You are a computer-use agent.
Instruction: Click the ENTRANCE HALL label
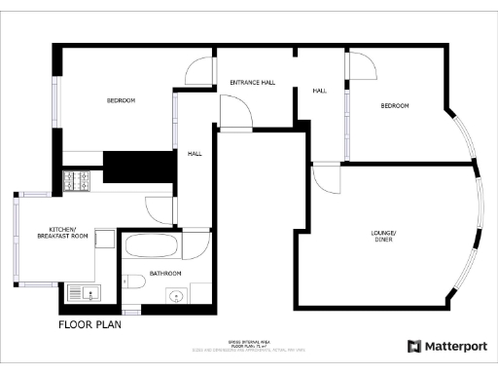(252, 83)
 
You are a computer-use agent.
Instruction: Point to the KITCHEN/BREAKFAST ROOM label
(62, 232)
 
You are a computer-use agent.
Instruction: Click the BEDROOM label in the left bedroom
(121, 100)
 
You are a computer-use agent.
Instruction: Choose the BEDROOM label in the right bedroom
(395, 105)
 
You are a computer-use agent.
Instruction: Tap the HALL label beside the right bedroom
(320, 91)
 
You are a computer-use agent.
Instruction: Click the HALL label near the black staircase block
(195, 153)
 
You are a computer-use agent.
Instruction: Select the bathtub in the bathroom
(151, 243)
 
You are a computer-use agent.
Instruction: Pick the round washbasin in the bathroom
(176, 295)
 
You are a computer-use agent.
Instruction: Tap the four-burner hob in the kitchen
(76, 180)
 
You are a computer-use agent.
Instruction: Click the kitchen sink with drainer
(79, 292)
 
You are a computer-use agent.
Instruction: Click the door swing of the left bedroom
(197, 72)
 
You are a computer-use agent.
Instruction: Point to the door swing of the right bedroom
(361, 65)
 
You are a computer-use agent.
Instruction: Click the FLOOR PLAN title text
(89, 324)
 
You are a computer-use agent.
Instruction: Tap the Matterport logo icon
(414, 346)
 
